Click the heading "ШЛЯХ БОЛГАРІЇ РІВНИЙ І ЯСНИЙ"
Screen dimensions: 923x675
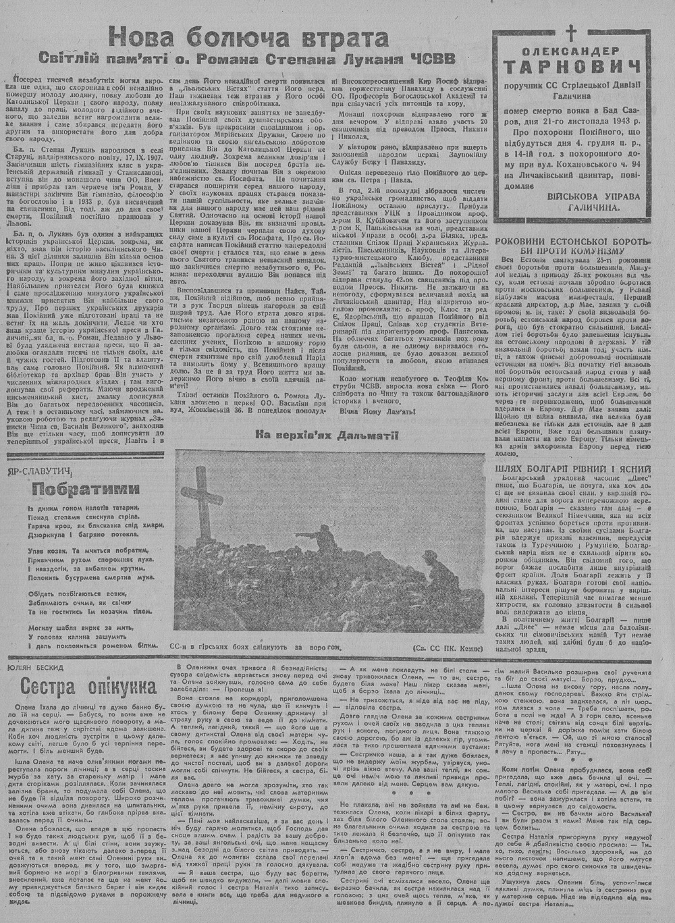[x=573, y=469]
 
